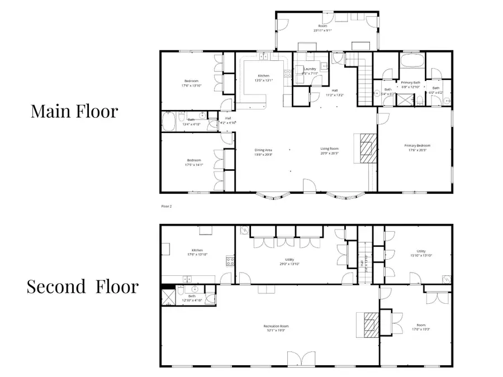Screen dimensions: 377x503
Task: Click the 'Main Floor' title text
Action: pyautogui.click(x=74, y=111)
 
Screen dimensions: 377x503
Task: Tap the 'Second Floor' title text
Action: pyautogui.click(x=83, y=287)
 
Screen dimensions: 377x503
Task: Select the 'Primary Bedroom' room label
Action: pyautogui.click(x=417, y=146)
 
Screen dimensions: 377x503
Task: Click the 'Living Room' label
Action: pyautogui.click(x=330, y=148)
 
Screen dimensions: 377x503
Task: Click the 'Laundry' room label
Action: pyautogui.click(x=310, y=69)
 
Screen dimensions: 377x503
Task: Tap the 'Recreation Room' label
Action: pyautogui.click(x=276, y=326)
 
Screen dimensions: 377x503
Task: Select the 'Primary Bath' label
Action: pyautogui.click(x=410, y=83)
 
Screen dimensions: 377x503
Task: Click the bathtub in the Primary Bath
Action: pyautogui.click(x=412, y=60)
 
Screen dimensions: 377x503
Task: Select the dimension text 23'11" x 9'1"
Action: pyautogui.click(x=322, y=31)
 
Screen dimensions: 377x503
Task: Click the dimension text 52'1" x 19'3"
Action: pyautogui.click(x=276, y=331)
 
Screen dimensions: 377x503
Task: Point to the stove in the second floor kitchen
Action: pyautogui.click(x=229, y=260)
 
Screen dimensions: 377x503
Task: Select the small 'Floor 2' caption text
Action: pyautogui.click(x=167, y=206)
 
